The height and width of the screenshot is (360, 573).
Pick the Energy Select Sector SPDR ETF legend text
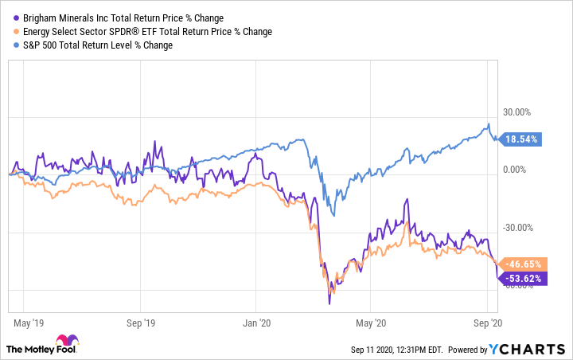pyautogui.click(x=145, y=32)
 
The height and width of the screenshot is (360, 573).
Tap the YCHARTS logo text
pyautogui.click(x=532, y=349)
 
